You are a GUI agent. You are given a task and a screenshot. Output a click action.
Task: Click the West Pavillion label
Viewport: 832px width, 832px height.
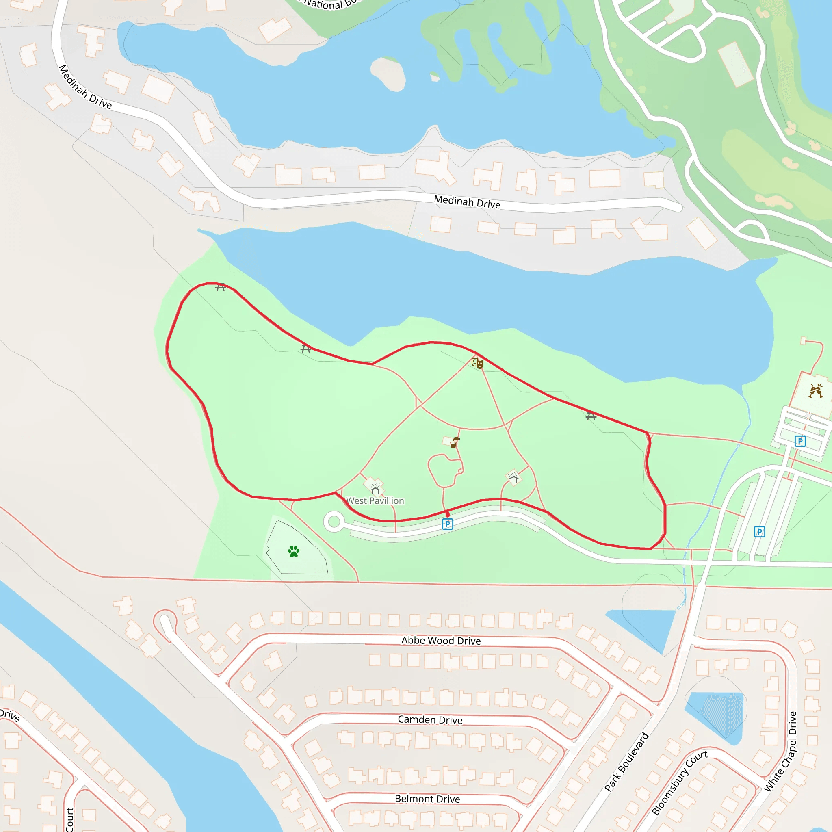click(x=375, y=501)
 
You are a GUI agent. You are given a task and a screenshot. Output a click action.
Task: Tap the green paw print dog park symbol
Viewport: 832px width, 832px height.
click(x=294, y=551)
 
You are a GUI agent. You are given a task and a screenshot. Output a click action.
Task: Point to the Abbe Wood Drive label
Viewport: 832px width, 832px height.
click(x=441, y=641)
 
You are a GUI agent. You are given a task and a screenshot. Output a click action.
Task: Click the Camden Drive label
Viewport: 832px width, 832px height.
click(x=430, y=720)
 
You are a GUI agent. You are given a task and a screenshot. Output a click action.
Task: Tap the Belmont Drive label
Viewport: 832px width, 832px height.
click(x=427, y=799)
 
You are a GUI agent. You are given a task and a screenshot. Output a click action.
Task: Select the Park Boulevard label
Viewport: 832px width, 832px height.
click(x=626, y=762)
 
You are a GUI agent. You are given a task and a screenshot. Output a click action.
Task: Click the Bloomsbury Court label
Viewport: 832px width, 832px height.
click(x=679, y=783)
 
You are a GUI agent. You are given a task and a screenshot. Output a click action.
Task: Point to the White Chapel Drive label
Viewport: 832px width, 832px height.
click(x=780, y=752)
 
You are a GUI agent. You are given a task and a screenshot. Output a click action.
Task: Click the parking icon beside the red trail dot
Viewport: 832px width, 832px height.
click(x=447, y=524)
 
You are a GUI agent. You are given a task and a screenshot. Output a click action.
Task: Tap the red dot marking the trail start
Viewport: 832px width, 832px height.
click(x=447, y=515)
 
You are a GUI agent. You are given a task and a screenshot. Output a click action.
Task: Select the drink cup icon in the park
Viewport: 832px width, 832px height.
click(x=454, y=443)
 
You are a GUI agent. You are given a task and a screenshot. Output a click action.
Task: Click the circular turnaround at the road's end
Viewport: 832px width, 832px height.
click(x=334, y=522)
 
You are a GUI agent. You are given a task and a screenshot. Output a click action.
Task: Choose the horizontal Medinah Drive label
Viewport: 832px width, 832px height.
click(x=467, y=202)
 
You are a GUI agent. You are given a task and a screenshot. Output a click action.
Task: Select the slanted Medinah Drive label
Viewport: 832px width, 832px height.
click(x=85, y=87)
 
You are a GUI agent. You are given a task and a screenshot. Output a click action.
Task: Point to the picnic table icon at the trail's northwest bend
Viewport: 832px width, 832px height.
click(x=221, y=287)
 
